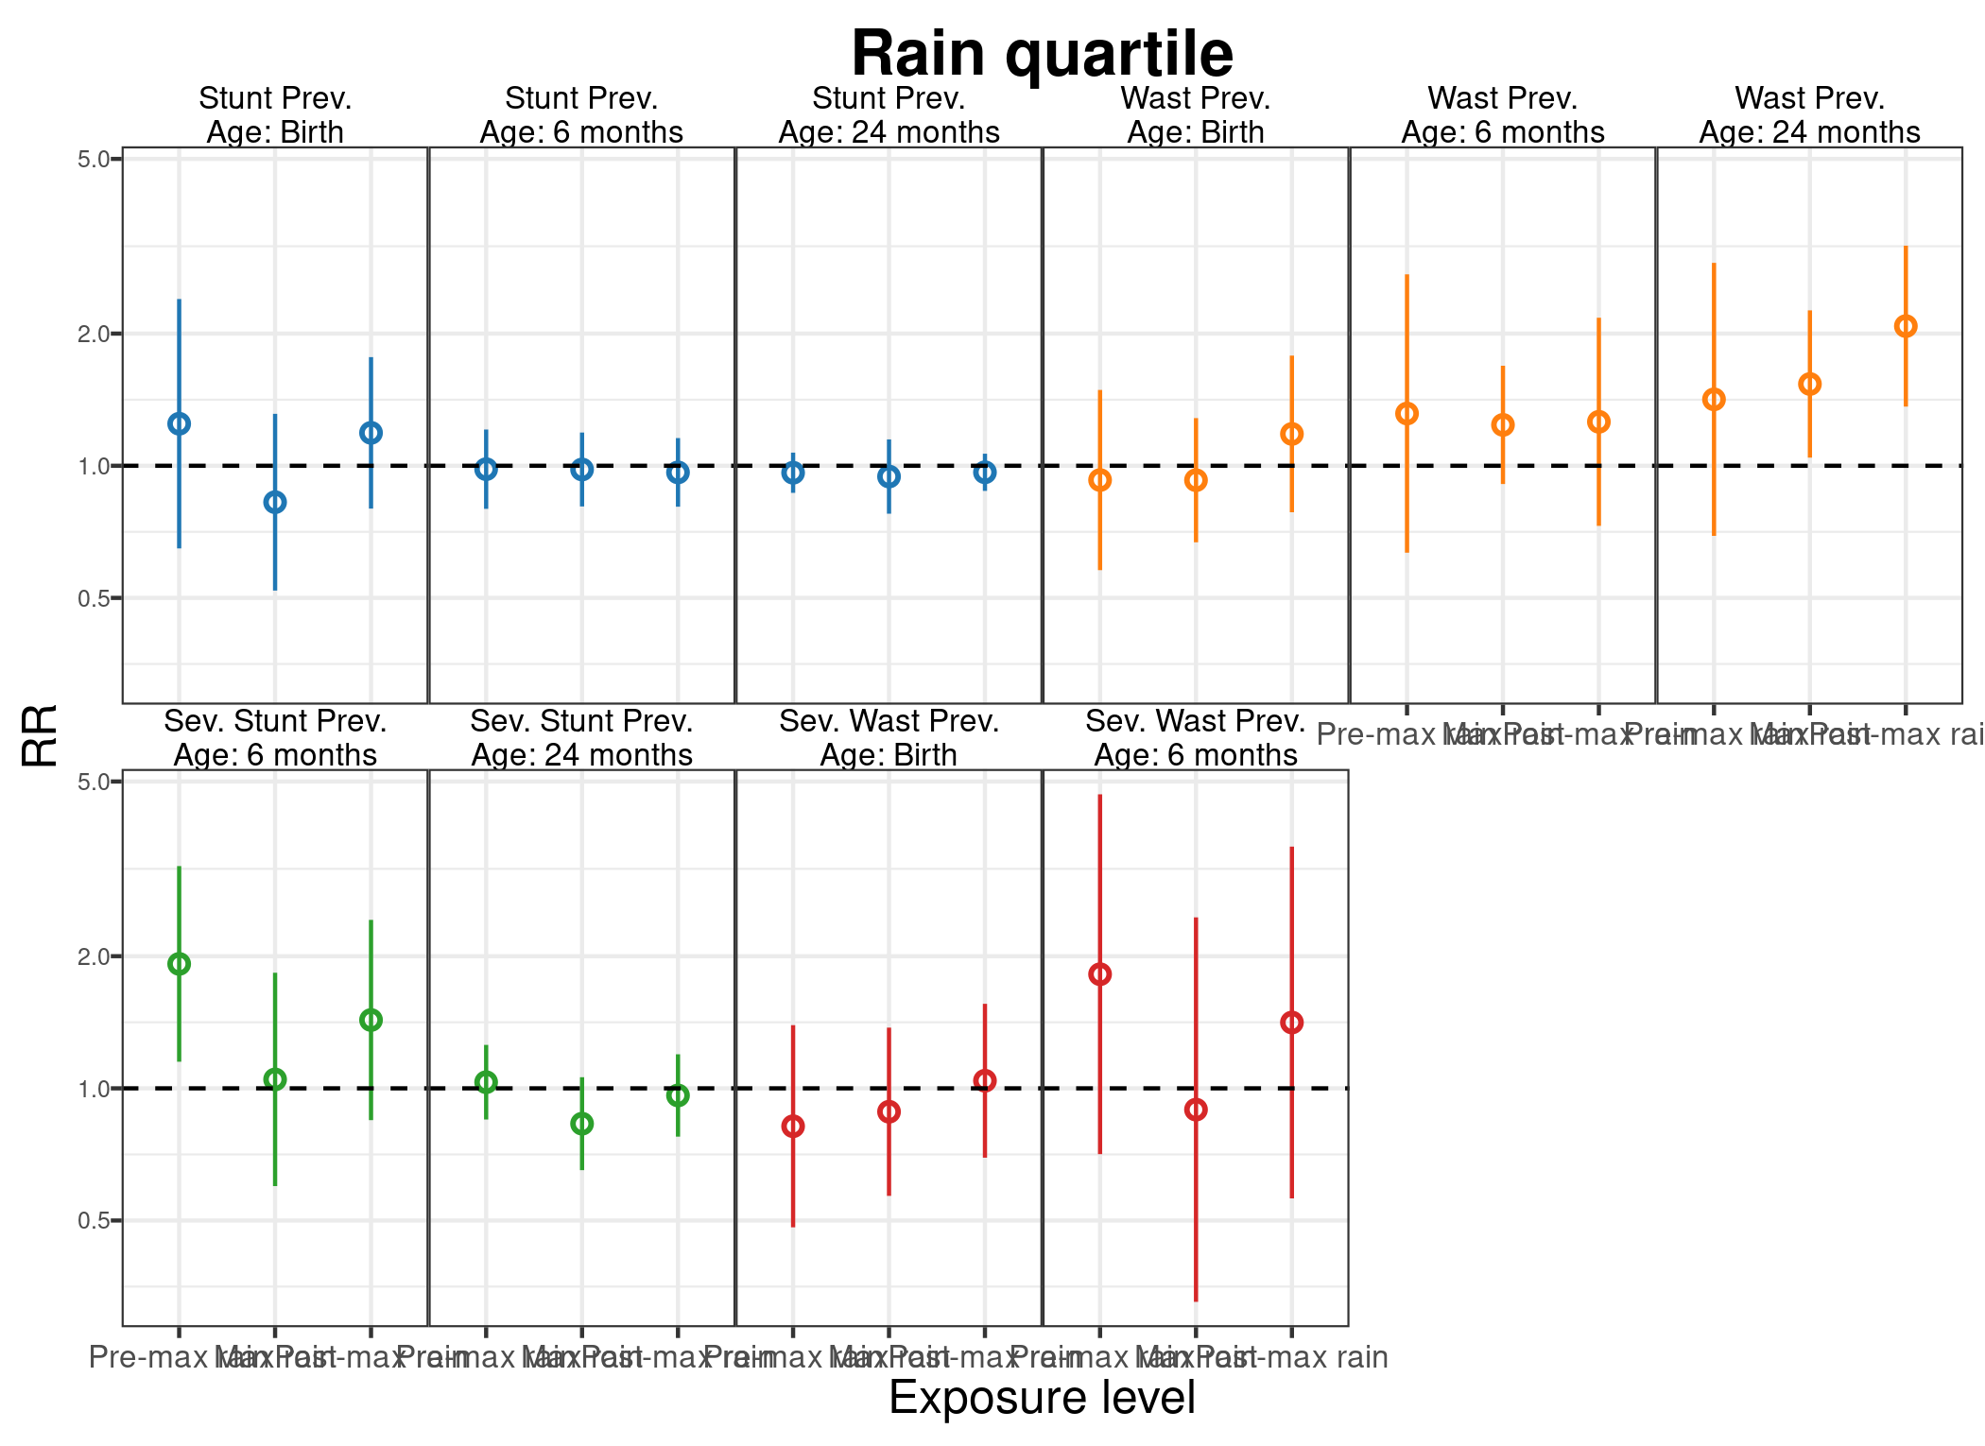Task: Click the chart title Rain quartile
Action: (1042, 53)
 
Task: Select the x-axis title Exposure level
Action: (1042, 1398)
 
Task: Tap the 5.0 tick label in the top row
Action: (95, 159)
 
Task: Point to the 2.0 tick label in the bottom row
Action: (95, 955)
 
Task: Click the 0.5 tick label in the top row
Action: (95, 598)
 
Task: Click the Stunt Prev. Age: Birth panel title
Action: (275, 114)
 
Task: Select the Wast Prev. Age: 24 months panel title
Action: (1809, 114)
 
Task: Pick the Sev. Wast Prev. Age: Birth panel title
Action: (889, 738)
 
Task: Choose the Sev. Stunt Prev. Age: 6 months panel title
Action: (275, 738)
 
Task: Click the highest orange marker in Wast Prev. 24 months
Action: (1905, 326)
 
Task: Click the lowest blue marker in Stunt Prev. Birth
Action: (275, 502)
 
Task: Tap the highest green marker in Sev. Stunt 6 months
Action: (180, 964)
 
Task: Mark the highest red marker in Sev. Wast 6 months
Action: (1099, 974)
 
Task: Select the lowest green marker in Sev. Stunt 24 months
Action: (582, 1124)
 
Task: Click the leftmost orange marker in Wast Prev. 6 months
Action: (1407, 413)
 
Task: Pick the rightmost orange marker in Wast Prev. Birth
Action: (1291, 434)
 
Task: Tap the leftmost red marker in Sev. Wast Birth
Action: (793, 1127)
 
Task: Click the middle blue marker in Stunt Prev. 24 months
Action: (889, 476)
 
